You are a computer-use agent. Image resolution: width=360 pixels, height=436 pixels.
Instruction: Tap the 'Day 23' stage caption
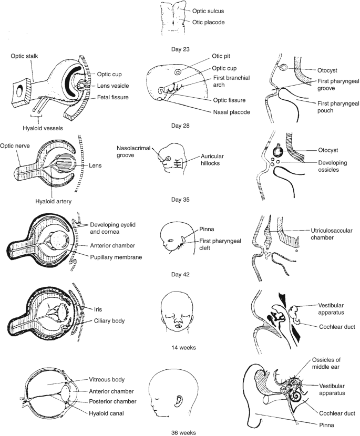click(x=180, y=49)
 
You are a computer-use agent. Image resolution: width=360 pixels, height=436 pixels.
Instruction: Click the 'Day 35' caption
click(x=180, y=200)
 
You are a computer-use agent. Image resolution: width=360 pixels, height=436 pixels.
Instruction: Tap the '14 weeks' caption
click(x=180, y=347)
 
